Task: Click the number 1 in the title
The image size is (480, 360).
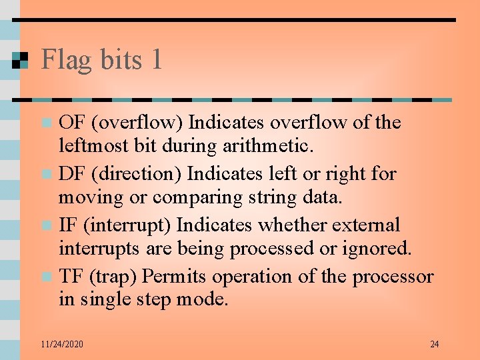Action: (x=156, y=60)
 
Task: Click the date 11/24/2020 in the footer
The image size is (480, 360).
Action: (x=61, y=344)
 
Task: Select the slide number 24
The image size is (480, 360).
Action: (x=434, y=344)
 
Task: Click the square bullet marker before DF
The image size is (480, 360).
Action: (x=46, y=175)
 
